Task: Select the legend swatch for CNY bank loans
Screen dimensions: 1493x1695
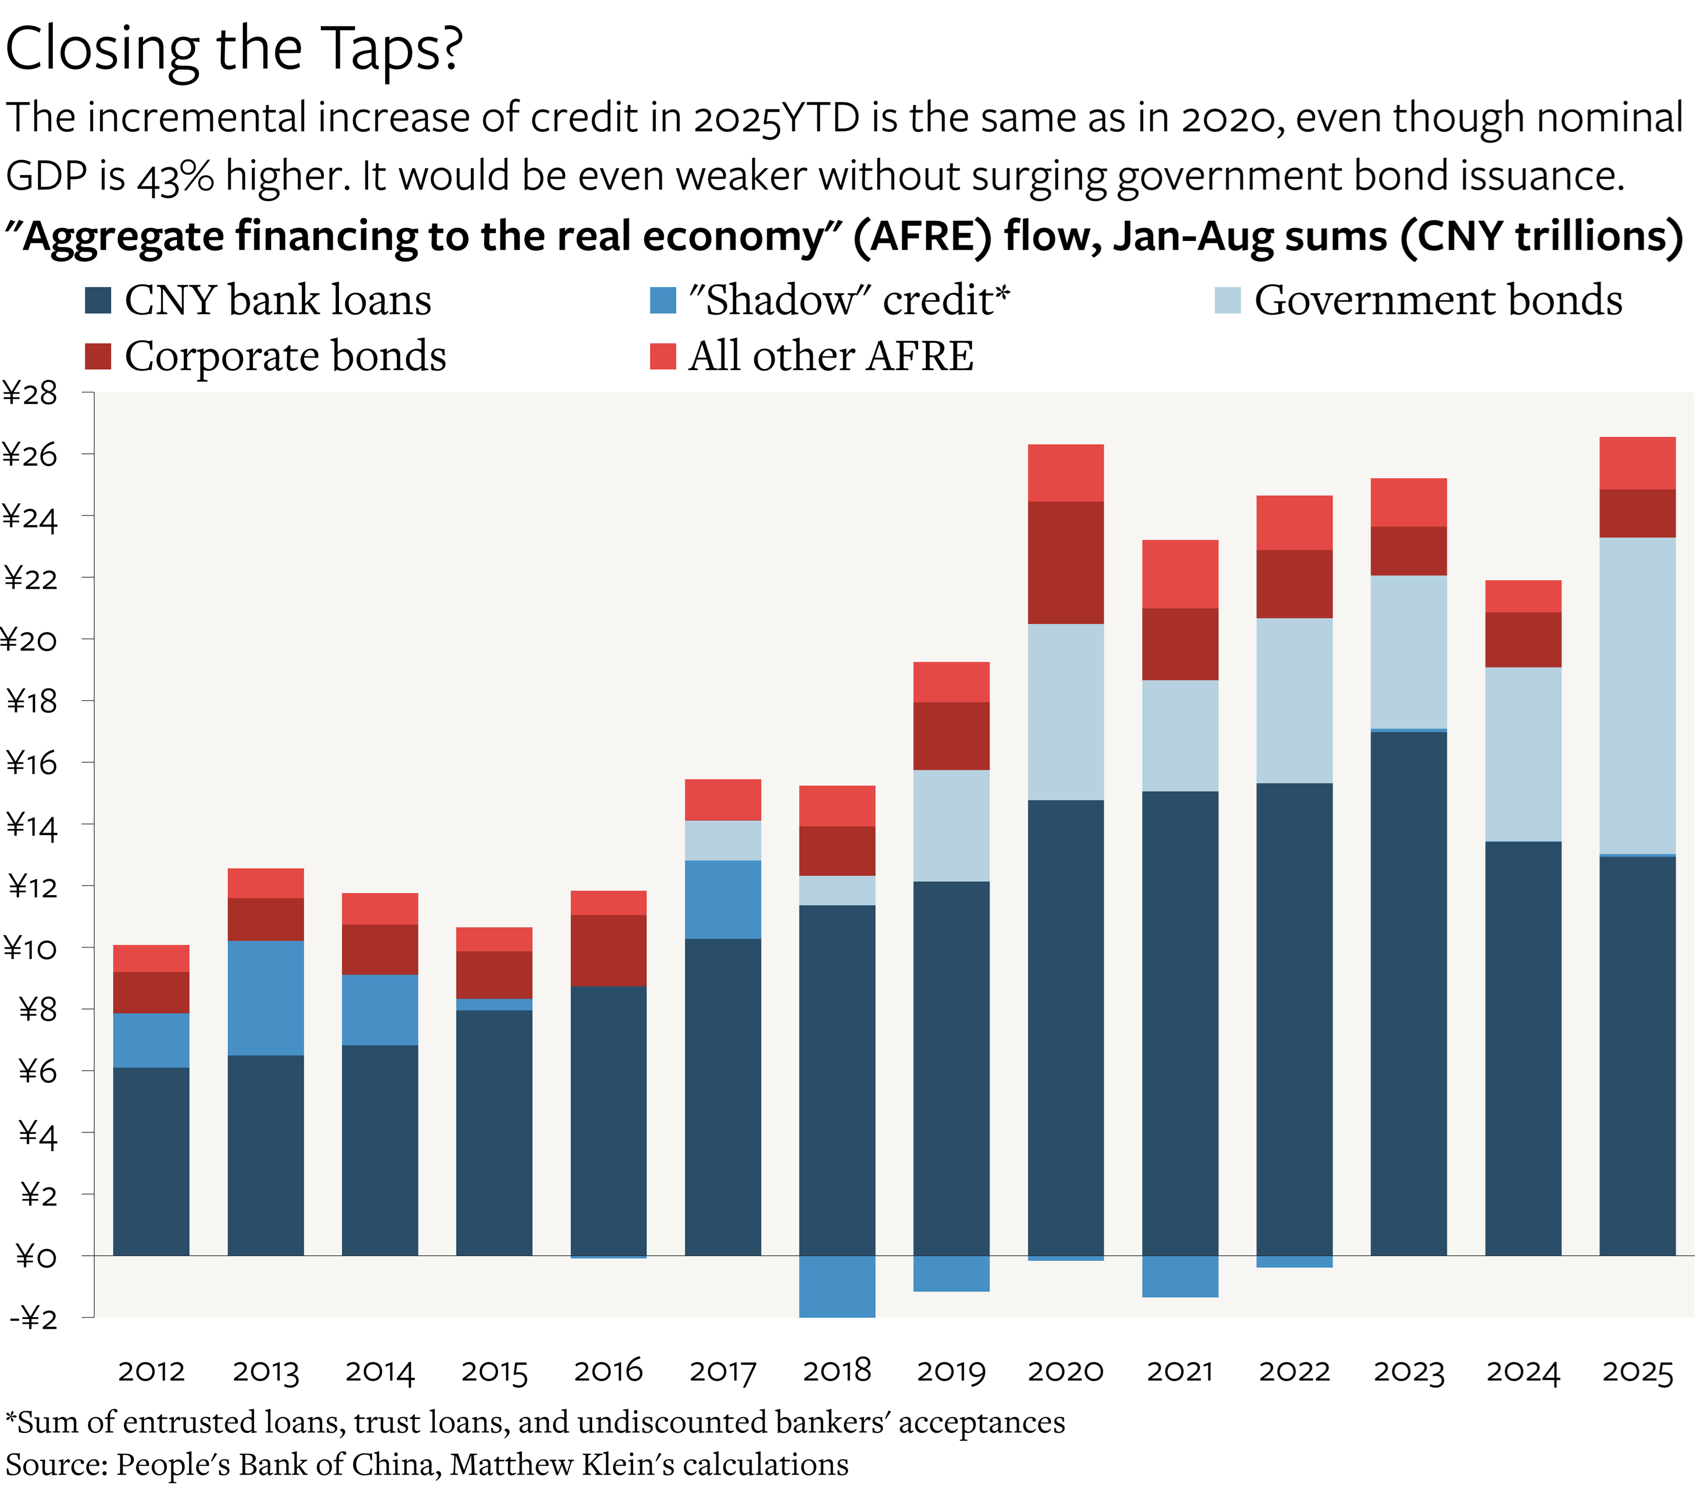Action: click(x=98, y=300)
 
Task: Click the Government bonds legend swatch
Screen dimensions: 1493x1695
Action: click(x=1227, y=300)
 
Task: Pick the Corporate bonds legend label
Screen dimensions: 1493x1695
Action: click(x=286, y=356)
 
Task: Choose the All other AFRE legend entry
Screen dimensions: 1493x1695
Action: click(x=830, y=356)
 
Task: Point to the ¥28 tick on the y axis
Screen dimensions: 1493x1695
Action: click(x=31, y=393)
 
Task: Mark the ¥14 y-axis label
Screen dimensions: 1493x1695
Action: click(x=33, y=826)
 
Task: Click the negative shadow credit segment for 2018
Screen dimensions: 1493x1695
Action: click(x=837, y=1286)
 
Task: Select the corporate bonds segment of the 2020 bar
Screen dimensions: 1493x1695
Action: click(x=1066, y=562)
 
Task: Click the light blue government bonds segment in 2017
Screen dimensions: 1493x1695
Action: click(x=722, y=840)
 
